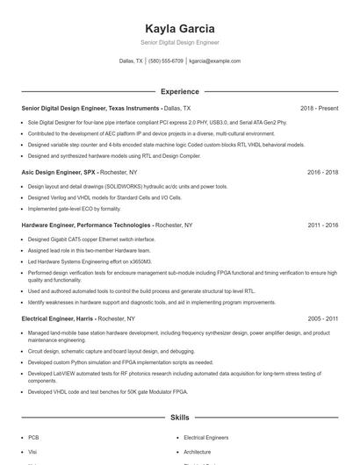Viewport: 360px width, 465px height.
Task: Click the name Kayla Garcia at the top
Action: click(179, 28)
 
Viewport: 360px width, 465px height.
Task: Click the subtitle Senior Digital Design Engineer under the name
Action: click(179, 42)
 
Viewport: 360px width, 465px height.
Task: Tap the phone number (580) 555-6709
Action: click(166, 61)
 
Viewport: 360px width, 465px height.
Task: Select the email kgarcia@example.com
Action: click(214, 61)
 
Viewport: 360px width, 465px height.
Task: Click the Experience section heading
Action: click(179, 91)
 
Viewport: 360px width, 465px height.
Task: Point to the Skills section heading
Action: click(179, 419)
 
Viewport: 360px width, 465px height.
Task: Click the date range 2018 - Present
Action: click(319, 108)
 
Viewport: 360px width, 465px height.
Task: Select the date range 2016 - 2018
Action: click(322, 173)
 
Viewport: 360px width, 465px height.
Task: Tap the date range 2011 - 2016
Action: click(322, 225)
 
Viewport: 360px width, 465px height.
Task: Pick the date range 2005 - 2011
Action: click(322, 319)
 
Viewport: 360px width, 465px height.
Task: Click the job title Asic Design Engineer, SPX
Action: click(58, 173)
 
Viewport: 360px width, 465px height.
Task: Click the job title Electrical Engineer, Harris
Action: click(58, 319)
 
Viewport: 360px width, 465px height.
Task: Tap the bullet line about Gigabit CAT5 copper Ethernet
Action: click(91, 240)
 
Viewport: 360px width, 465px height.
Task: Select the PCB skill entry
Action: click(33, 437)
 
